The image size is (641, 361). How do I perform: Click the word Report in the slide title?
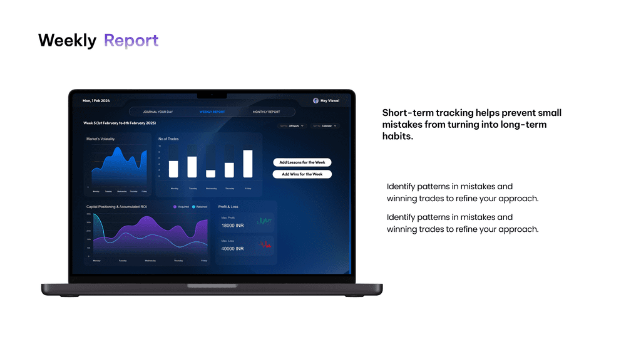(x=131, y=41)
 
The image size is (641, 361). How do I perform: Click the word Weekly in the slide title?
(x=67, y=41)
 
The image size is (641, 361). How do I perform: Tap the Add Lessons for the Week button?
(x=302, y=162)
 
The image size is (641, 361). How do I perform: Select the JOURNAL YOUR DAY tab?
(x=158, y=112)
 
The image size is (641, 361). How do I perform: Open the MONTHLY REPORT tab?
(x=266, y=112)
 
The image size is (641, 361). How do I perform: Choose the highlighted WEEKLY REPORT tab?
(x=212, y=112)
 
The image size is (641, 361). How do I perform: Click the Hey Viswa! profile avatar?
(x=315, y=100)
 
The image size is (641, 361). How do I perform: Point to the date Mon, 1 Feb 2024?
(x=96, y=100)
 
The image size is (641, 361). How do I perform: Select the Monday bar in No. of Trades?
(x=173, y=169)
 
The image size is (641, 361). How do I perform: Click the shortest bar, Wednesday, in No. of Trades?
(x=211, y=174)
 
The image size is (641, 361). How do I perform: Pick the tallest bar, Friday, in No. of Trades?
(x=248, y=164)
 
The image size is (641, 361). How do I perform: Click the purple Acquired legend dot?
(x=175, y=206)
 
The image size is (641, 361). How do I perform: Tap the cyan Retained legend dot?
(x=194, y=206)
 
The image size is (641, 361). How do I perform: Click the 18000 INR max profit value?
(x=232, y=225)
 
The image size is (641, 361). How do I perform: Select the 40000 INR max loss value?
(x=232, y=248)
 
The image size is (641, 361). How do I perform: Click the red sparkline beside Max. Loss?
(x=265, y=244)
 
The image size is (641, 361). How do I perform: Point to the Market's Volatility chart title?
(x=101, y=139)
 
